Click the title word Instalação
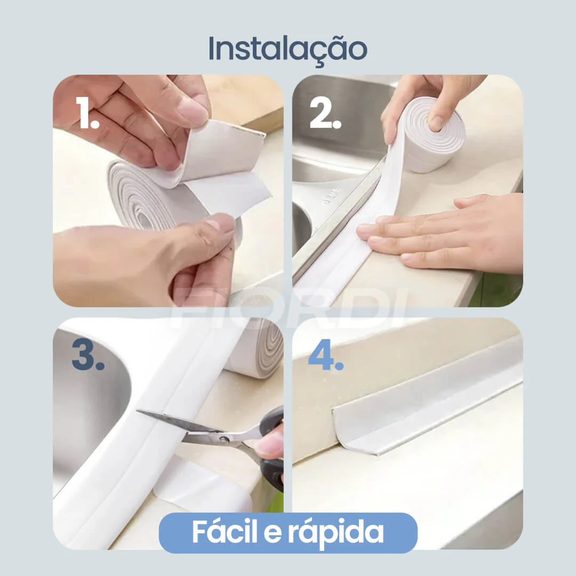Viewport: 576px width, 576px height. tap(287, 49)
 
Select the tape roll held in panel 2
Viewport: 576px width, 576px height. tap(432, 133)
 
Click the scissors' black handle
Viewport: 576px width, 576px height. tap(272, 469)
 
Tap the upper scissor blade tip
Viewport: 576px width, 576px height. tap(140, 413)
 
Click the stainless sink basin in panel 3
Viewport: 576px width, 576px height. tap(85, 405)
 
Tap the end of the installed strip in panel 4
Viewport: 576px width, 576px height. tap(341, 432)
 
